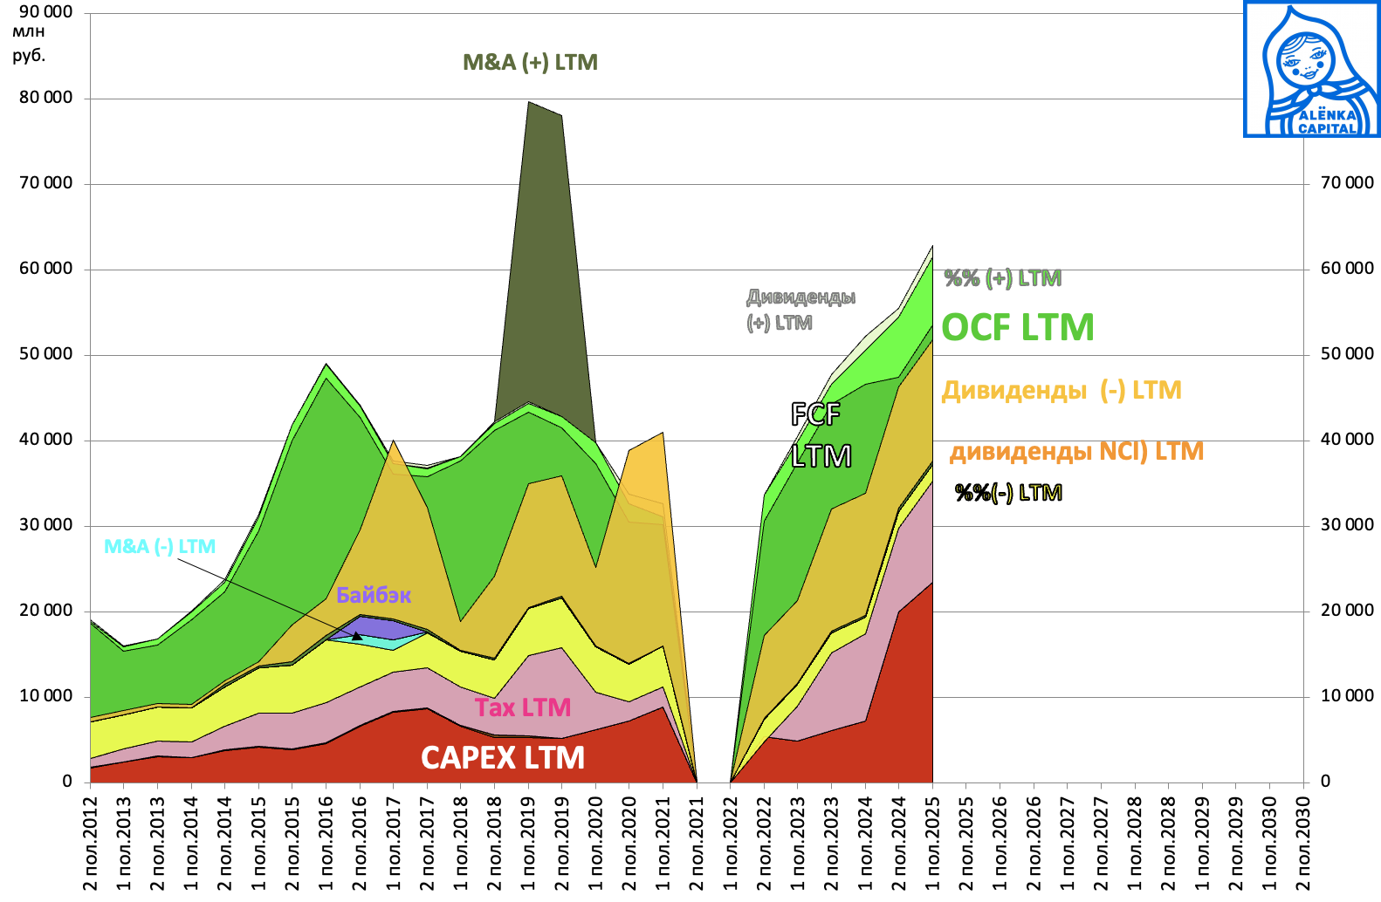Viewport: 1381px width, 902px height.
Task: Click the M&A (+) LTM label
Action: [530, 63]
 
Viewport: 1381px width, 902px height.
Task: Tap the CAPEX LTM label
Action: [503, 757]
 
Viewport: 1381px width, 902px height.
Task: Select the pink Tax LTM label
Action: [522, 707]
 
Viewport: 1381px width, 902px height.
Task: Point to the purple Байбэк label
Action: [374, 595]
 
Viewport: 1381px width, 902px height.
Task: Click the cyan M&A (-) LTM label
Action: [160, 547]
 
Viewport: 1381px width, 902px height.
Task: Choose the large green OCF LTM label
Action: [1018, 328]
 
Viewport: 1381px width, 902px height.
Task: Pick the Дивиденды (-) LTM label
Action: [1062, 390]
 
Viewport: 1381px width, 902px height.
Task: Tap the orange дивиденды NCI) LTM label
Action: [1076, 451]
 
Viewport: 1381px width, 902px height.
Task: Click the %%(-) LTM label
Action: [1008, 493]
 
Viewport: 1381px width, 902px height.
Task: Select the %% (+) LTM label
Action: [1003, 278]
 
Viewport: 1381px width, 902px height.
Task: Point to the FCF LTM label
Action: [820, 434]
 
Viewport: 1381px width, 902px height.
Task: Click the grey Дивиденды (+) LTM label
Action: [800, 310]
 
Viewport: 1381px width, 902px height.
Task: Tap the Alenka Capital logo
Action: [1312, 69]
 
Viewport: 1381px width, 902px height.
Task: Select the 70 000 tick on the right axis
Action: [1347, 183]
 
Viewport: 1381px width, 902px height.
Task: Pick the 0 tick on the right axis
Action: [1325, 782]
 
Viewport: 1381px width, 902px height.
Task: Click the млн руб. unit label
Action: [29, 44]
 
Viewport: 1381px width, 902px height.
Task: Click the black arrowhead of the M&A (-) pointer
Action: [356, 636]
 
